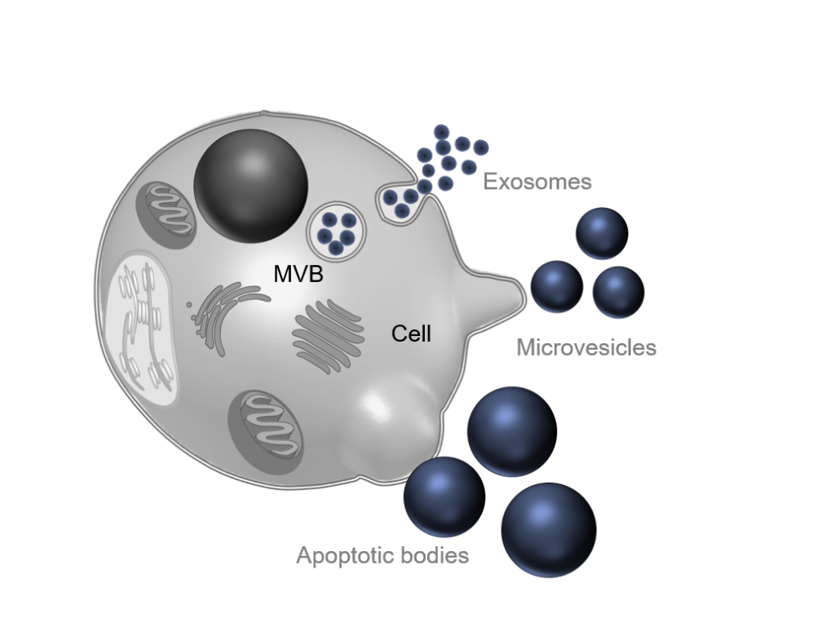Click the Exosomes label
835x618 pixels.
pos(537,182)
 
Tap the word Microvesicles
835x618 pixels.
pos(586,347)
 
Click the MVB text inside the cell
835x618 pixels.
pos(298,274)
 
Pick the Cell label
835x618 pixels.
pos(411,333)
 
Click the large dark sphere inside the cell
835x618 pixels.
pos(251,186)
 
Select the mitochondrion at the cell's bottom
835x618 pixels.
pos(266,424)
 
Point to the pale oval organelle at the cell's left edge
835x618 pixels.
pos(140,328)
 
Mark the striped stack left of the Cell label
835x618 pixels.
pos(328,335)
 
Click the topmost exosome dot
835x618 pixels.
pos(441,132)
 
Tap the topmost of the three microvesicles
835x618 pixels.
pos(603,233)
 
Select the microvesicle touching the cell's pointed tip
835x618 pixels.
pos(557,286)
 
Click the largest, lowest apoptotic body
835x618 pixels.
pos(549,530)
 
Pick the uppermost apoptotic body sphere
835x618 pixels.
pos(512,431)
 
